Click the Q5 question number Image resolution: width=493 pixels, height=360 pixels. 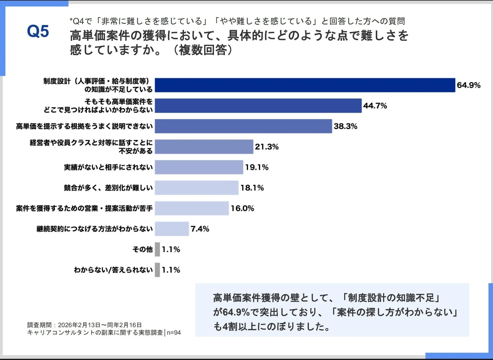38,31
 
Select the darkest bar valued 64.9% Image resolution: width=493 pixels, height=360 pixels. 305,85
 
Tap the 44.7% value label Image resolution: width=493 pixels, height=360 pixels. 375,106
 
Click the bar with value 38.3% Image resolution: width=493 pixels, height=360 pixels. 243,126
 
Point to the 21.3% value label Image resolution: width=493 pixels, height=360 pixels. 267,147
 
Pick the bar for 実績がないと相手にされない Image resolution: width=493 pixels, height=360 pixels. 199,167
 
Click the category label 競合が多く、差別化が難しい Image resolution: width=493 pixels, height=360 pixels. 108,188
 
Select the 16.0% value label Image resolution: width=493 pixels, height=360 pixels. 242,208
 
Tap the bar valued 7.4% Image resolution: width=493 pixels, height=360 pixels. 172,229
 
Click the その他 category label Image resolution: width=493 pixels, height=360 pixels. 143,249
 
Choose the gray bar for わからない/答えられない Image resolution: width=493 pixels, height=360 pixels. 157,270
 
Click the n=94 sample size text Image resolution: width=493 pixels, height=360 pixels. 174,333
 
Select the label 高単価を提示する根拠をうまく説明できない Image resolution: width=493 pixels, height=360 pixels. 84,126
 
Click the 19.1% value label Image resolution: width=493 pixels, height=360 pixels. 256,167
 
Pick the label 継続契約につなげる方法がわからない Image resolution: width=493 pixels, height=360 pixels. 95,229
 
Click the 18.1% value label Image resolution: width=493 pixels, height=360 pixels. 252,188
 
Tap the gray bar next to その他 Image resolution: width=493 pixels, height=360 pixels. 157,249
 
